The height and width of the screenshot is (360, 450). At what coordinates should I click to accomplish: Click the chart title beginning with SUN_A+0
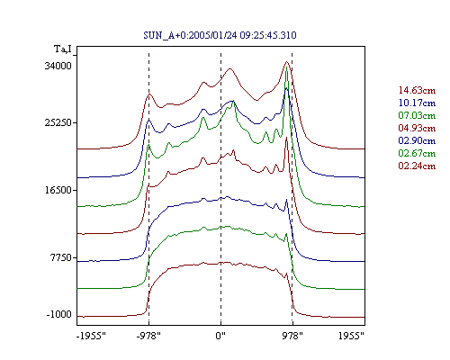pos(220,35)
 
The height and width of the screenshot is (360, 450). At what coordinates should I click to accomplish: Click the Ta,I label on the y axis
pos(63,49)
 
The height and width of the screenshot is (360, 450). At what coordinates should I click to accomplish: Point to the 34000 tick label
pos(58,66)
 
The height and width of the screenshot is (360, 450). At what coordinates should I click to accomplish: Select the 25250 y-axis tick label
pos(58,122)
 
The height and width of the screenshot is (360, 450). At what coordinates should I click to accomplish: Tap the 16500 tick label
pos(58,190)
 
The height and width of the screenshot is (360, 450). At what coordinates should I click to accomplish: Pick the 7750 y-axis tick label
pos(61,257)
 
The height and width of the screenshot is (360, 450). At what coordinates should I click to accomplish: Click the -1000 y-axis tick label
pos(59,314)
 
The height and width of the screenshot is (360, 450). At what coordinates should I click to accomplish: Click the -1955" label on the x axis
pos(91,336)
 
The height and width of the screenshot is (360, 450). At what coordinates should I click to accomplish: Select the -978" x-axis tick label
pos(148,336)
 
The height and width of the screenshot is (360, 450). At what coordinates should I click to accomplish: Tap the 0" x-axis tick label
pos(220,336)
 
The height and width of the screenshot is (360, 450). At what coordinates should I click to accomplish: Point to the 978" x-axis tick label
pos(292,336)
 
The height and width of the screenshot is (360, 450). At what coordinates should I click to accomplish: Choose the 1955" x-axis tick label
pos(351,336)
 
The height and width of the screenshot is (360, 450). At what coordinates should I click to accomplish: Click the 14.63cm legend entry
pos(417,90)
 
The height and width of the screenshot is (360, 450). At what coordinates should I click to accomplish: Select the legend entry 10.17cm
pos(417,103)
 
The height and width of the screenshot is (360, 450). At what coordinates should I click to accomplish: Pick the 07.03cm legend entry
pos(417,115)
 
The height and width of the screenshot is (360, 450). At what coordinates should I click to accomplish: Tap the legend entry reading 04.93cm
pos(417,128)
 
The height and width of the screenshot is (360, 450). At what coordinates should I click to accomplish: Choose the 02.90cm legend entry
pos(417,140)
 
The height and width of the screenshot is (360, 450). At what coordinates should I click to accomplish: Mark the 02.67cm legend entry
pos(417,153)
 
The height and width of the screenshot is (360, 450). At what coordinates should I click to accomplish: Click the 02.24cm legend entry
pos(417,166)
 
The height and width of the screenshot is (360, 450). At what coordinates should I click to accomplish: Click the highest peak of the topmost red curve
pos(287,62)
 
